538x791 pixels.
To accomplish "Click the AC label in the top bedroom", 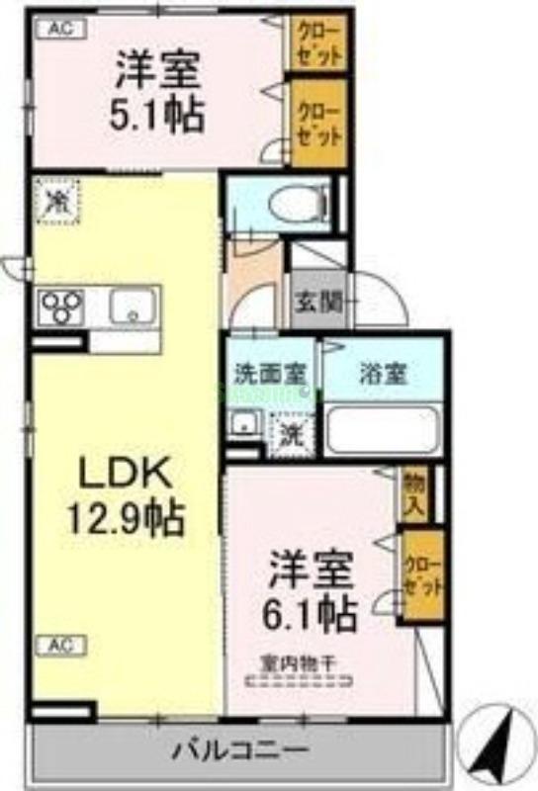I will [61, 29].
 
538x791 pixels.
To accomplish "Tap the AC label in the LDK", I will [61, 646].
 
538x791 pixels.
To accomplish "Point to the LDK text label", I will [125, 474].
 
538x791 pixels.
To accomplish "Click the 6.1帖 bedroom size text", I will [310, 616].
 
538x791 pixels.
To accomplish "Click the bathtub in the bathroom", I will [382, 430].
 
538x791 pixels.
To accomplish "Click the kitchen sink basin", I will [132, 307].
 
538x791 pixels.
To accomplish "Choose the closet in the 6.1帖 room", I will [421, 577].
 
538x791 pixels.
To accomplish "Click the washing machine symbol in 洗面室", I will [292, 431].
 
